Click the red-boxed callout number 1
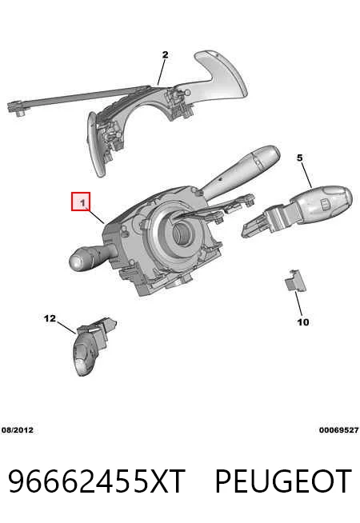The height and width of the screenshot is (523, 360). tap(81, 202)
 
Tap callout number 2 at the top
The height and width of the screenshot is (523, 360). tap(165, 54)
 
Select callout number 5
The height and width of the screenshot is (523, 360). tap(300, 158)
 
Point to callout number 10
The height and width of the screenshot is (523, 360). tap(303, 322)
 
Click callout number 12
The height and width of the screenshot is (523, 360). tap(50, 318)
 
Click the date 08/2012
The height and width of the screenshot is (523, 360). tap(18, 430)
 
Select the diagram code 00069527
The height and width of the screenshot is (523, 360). tap(338, 430)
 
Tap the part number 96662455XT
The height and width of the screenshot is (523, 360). tap(97, 481)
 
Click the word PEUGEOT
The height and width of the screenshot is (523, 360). tap(283, 481)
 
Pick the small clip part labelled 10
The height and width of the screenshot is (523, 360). tap(295, 281)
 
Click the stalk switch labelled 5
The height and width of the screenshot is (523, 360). tap(297, 210)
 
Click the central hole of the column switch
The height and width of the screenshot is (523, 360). tap(182, 233)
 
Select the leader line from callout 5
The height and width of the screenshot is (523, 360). tap(307, 175)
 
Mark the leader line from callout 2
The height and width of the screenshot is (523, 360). tap(162, 72)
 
